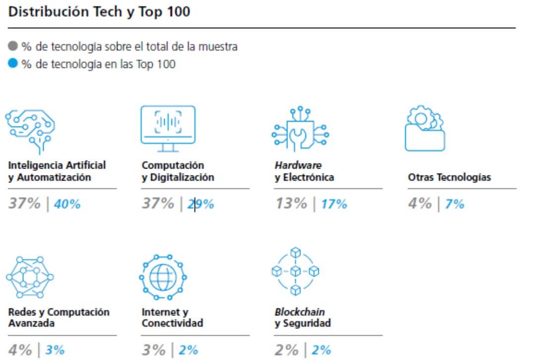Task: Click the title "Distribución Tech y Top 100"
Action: pyautogui.click(x=99, y=12)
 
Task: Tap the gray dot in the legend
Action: pyautogui.click(x=13, y=47)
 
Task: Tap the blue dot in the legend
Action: pyautogui.click(x=13, y=63)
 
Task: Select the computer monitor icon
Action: pyautogui.click(x=168, y=128)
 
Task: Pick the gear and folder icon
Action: pyautogui.click(x=425, y=129)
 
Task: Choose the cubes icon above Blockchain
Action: pyautogui.click(x=296, y=271)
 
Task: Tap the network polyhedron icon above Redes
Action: pyautogui.click(x=30, y=277)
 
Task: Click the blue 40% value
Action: pyautogui.click(x=67, y=204)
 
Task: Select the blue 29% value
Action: pyautogui.click(x=201, y=204)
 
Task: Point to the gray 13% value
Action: pyautogui.click(x=291, y=204)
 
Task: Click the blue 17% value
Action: pyautogui.click(x=334, y=204)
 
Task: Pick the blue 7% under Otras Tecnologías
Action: pyautogui.click(x=455, y=204)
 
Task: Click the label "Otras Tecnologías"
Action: pyautogui.click(x=449, y=178)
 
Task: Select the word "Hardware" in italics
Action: pyautogui.click(x=298, y=165)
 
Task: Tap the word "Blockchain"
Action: pyautogui.click(x=300, y=312)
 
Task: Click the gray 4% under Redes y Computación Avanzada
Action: pyautogui.click(x=20, y=350)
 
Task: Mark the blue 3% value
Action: pyautogui.click(x=55, y=350)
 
